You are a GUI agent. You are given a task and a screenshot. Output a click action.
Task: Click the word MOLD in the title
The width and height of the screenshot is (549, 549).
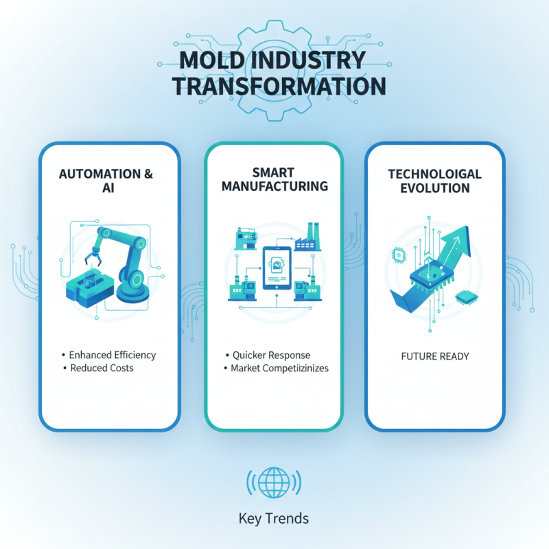[203, 60]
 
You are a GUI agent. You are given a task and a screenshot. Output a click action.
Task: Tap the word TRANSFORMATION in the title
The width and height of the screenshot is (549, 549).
[278, 86]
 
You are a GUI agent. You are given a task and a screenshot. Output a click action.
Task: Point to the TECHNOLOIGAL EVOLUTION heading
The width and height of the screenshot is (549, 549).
[436, 181]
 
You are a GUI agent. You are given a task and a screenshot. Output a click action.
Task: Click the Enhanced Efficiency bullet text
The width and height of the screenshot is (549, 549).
[113, 355]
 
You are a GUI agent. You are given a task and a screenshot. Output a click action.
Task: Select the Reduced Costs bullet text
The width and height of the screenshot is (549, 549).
[102, 368]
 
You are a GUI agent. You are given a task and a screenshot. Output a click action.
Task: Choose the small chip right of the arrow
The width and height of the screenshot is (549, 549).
[464, 299]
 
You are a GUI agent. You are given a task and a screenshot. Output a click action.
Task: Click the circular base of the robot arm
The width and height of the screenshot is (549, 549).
[132, 291]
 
